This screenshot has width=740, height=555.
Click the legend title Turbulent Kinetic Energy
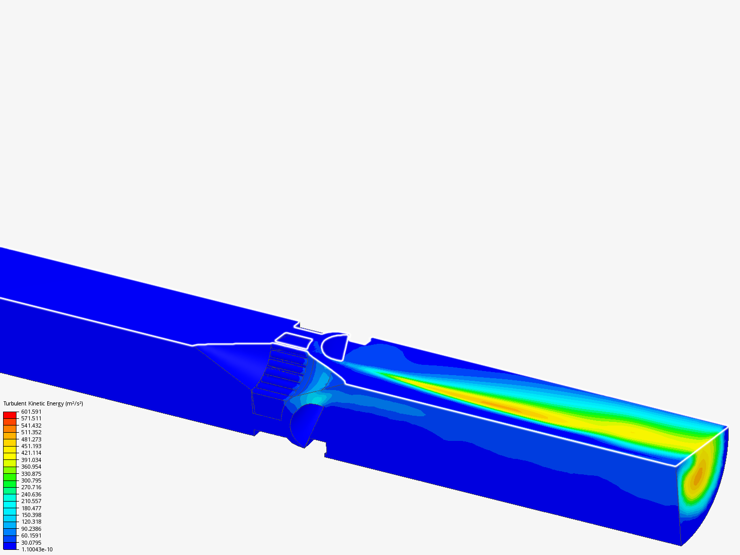[34, 403]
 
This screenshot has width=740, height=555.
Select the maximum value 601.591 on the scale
[31, 412]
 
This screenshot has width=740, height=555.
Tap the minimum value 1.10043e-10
[37, 549]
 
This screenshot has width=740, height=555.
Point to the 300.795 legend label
[31, 474]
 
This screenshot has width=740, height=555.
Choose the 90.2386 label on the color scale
[31, 529]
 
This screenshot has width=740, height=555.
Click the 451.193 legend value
[31, 446]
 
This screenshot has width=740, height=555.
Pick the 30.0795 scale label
[31, 543]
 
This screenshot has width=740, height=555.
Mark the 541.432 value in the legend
[31, 425]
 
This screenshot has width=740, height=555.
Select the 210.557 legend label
[31, 501]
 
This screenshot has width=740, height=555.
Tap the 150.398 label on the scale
[31, 515]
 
